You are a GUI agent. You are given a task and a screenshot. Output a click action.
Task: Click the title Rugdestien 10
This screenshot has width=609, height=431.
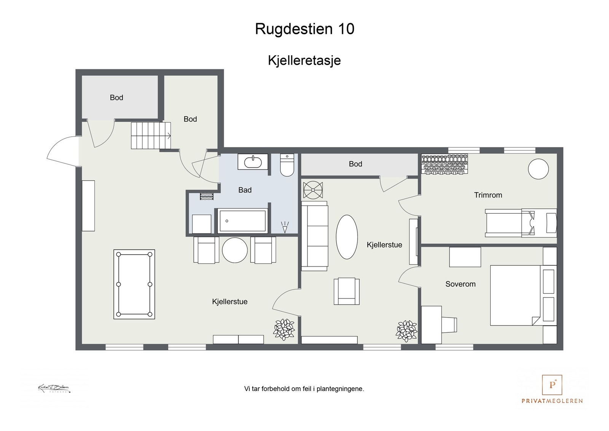(304, 29)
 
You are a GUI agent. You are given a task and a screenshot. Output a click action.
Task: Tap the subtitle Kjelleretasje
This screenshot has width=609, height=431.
(304, 60)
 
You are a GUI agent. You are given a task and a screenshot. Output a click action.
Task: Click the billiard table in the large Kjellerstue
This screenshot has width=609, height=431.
(134, 284)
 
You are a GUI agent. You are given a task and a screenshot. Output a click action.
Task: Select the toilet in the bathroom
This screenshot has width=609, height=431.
(287, 165)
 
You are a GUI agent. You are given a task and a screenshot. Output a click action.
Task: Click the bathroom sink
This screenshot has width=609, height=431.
(253, 162)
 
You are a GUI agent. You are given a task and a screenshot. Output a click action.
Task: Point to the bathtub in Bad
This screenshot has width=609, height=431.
(242, 221)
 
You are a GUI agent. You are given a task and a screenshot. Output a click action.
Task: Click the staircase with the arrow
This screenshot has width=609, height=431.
(150, 136)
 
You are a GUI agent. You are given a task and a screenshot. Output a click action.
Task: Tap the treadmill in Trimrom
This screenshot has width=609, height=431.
(520, 223)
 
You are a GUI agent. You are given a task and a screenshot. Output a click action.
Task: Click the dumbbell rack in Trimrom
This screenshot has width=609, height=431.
(445, 164)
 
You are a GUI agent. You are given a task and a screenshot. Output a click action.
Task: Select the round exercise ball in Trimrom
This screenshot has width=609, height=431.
(538, 168)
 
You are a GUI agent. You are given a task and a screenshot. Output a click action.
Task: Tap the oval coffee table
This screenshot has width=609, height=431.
(347, 237)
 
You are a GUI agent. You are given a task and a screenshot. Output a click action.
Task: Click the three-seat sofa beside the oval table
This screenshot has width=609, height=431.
(315, 236)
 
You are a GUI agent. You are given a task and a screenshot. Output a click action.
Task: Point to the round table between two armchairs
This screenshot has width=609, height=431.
(235, 250)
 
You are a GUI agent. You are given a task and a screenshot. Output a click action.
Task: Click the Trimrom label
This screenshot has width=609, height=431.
(488, 195)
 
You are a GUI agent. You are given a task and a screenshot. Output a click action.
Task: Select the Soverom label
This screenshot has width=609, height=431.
(460, 284)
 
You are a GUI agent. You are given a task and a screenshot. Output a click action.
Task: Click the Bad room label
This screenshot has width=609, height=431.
(245, 190)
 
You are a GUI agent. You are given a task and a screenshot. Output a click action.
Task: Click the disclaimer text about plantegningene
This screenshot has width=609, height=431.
(304, 389)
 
